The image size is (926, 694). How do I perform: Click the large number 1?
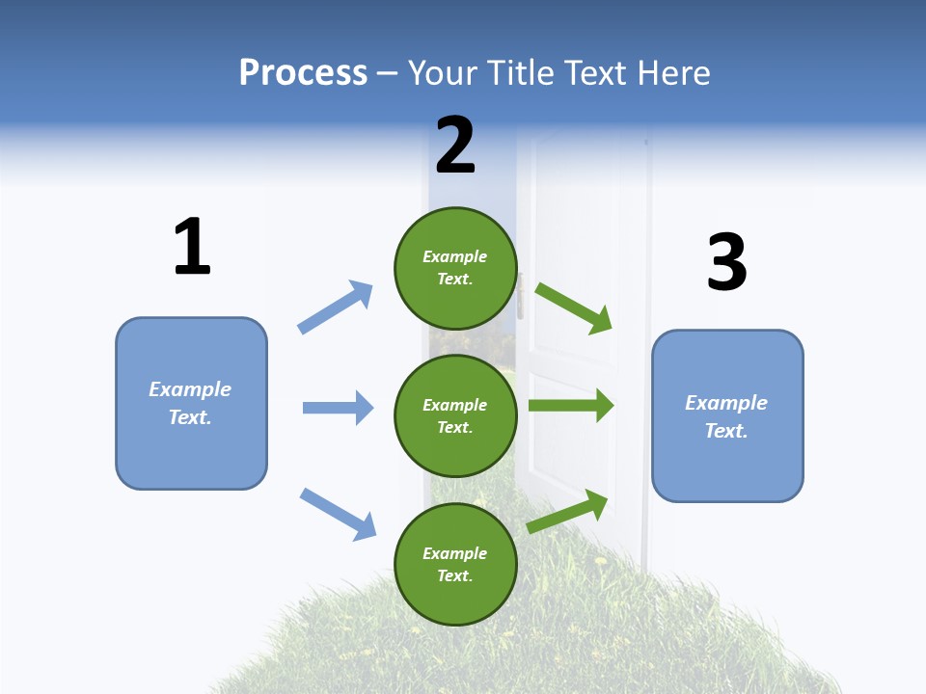click(x=192, y=247)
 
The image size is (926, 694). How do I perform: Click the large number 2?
click(x=455, y=145)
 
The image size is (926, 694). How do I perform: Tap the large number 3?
click(x=726, y=262)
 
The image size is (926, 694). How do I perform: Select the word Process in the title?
click(x=303, y=73)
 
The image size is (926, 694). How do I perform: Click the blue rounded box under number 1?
click(x=191, y=403)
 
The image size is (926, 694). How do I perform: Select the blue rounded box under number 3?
click(x=727, y=415)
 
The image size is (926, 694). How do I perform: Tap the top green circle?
click(x=455, y=268)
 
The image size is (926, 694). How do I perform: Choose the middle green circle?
click(x=455, y=415)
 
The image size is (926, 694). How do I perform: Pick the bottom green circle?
click(x=455, y=564)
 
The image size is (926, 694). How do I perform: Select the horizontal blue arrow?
click(x=338, y=408)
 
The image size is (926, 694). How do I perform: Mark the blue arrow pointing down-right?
click(x=339, y=514)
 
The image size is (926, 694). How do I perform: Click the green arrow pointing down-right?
click(x=574, y=307)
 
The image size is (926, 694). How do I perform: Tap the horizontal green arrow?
click(x=571, y=405)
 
